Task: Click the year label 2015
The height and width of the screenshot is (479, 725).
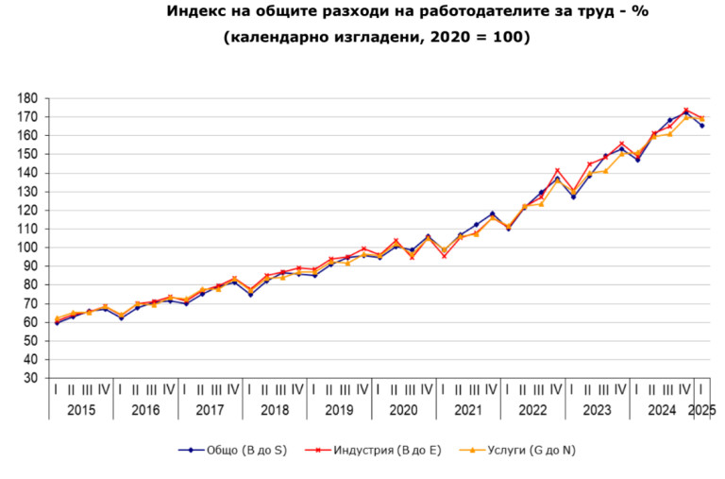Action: tap(80, 410)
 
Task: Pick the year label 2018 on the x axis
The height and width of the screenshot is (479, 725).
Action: tap(274, 410)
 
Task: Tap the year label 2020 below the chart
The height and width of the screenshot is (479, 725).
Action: tap(403, 410)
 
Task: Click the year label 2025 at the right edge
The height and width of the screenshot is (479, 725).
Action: tap(701, 410)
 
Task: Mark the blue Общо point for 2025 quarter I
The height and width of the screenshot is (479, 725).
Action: tap(701, 126)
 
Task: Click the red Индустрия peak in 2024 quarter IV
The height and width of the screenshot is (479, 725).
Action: tap(685, 110)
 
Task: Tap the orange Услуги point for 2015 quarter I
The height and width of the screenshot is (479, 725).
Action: tap(57, 318)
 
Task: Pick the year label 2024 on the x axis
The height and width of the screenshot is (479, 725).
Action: tap(661, 410)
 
